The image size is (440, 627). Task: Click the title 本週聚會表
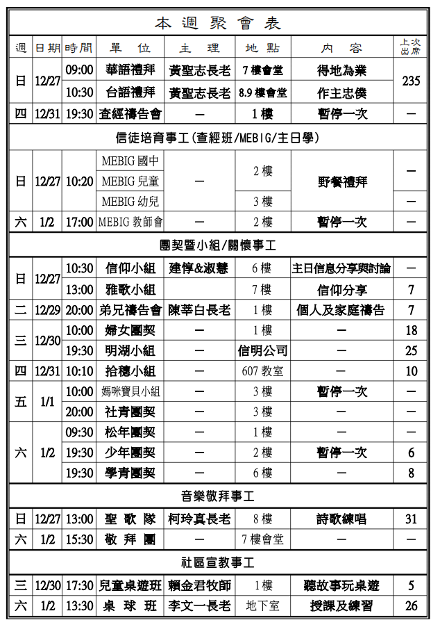tap(218, 24)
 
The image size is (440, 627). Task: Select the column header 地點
tap(262, 48)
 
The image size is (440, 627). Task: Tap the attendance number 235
tap(411, 81)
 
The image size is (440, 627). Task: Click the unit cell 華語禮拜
tap(130, 70)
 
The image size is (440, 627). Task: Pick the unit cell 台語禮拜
tap(130, 92)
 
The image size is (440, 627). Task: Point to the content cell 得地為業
tap(341, 70)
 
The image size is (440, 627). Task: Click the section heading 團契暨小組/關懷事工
tap(218, 245)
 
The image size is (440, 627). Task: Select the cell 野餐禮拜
tap(341, 182)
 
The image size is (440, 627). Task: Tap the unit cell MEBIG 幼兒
tap(130, 202)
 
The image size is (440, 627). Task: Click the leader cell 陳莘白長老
tap(199, 310)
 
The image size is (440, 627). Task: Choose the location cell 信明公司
tap(262, 350)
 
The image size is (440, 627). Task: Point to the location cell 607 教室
tap(262, 371)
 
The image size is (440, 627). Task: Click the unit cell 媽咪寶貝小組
tap(130, 391)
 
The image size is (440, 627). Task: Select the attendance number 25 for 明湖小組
tap(411, 350)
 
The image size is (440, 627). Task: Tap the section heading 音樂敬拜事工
tap(218, 496)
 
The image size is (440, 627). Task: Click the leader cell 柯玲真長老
tap(199, 519)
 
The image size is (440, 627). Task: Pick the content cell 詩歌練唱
tap(341, 519)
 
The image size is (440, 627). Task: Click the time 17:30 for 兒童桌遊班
tap(79, 585)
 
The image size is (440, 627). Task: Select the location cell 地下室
tap(262, 606)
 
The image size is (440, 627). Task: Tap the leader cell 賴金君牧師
tap(199, 585)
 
